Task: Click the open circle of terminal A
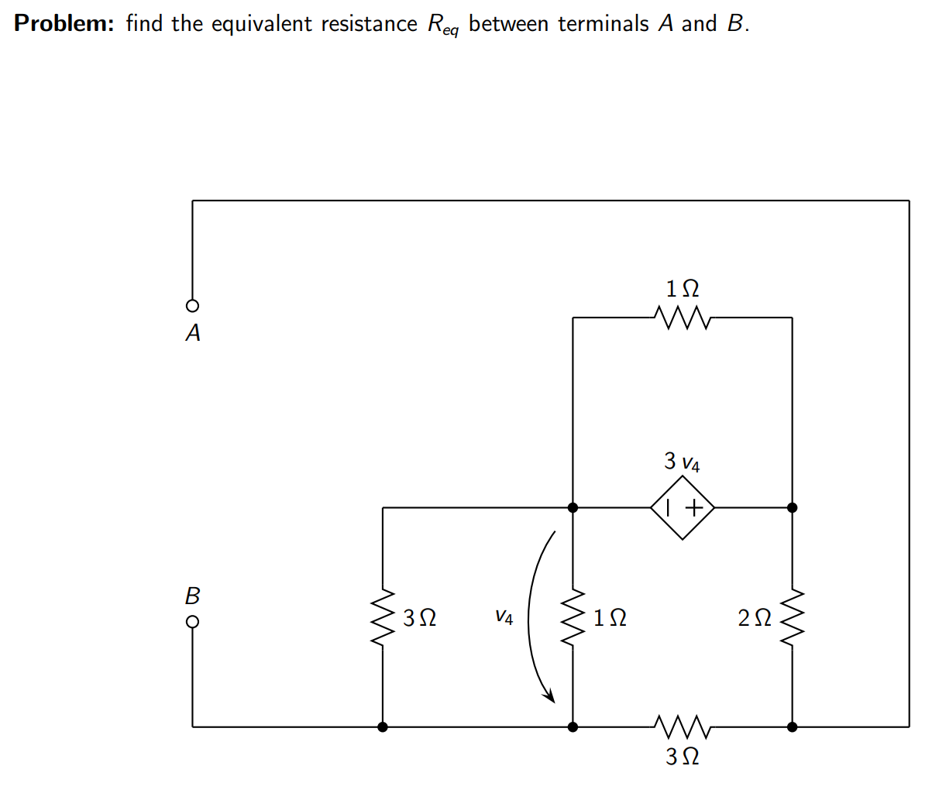(192, 304)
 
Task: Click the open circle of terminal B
(192, 621)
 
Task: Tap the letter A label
(193, 333)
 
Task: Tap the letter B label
(192, 596)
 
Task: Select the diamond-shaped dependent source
(682, 508)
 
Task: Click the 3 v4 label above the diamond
(682, 462)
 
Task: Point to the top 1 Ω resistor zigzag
(682, 317)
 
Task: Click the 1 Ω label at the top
(682, 288)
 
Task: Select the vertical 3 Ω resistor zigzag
(383, 618)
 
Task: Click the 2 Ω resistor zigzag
(792, 618)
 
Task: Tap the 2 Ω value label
(755, 618)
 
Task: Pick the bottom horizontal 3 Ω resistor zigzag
(682, 726)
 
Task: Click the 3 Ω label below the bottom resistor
(682, 756)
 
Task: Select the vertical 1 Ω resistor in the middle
(573, 618)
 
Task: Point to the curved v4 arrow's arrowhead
(551, 696)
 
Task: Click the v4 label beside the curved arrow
(504, 617)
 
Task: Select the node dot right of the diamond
(792, 508)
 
